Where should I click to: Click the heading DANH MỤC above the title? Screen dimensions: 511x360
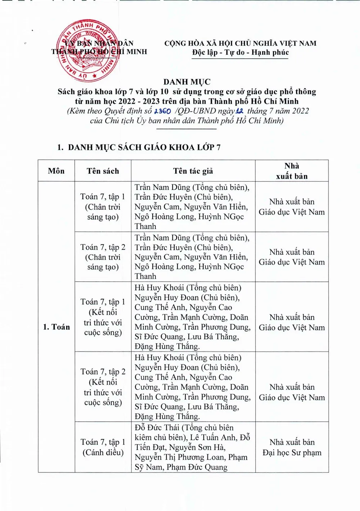187,82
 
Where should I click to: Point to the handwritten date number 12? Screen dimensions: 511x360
239,111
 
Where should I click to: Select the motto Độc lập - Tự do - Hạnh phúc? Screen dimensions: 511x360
240,53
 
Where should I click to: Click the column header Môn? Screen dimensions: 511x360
56,171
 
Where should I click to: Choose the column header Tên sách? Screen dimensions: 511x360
103,171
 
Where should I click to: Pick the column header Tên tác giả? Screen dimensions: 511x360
193,171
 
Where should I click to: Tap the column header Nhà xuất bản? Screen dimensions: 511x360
292,171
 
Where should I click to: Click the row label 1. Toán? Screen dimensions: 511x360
57,327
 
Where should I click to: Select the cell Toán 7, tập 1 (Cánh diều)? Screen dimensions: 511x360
103,447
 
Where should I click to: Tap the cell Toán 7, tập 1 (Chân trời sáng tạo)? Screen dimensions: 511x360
103,207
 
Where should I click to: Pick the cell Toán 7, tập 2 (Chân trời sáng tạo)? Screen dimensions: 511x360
103,257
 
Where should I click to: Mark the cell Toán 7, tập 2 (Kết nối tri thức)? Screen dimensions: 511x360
103,387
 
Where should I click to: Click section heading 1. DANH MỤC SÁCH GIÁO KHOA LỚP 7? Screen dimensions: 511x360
139,147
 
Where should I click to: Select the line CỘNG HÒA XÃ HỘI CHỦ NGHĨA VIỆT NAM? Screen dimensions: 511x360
240,44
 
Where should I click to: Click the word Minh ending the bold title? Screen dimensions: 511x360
289,101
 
